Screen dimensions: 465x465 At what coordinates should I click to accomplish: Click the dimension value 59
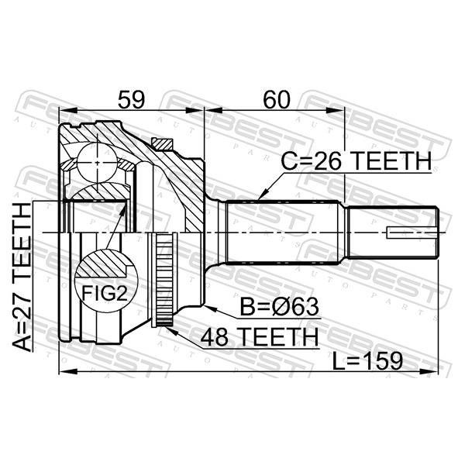coord(132,99)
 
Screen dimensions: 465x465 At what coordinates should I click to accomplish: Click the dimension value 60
coord(277,99)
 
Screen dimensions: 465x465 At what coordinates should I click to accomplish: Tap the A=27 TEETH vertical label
coord(22,277)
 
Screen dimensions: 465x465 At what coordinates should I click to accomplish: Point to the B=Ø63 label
coord(279,307)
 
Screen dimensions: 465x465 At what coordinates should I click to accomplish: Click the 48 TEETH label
coord(260,337)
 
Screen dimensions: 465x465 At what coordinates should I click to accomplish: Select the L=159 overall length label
coord(367,361)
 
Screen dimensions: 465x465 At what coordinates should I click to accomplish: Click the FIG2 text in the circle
coord(105,293)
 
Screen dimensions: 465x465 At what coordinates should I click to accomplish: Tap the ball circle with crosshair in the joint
coord(98,163)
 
